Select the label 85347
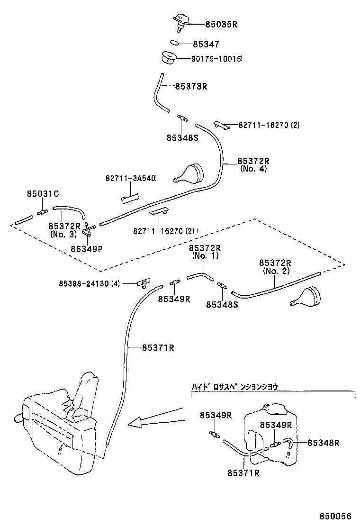[206, 44]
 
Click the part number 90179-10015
[216, 59]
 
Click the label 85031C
[43, 193]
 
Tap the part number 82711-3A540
[130, 179]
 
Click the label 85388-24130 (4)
[89, 283]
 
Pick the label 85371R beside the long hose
[158, 347]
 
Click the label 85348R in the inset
[324, 443]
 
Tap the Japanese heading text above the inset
[234, 387]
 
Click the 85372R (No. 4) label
[253, 164]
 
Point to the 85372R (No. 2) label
[275, 267]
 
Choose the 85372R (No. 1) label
[205, 252]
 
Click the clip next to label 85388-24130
[141, 284]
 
